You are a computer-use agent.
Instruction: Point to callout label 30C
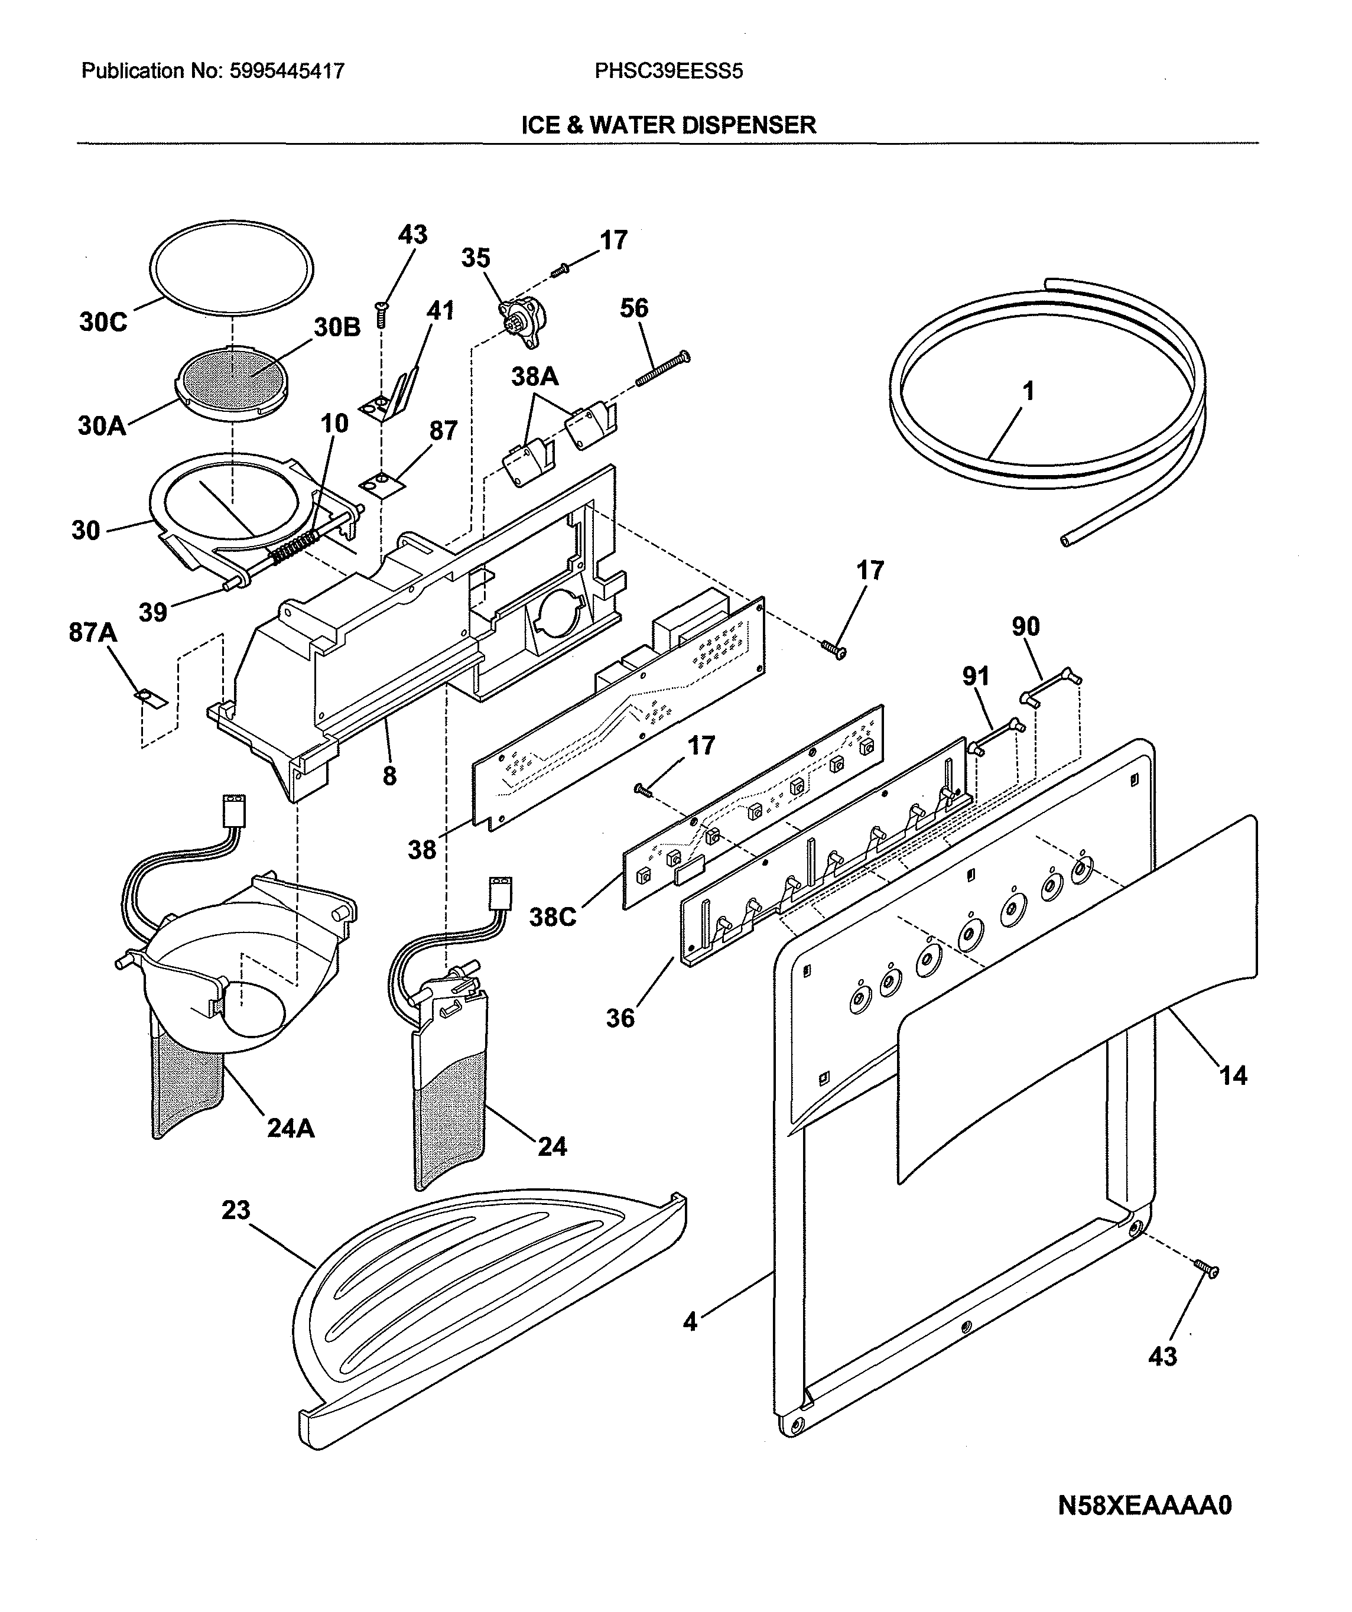coord(103,321)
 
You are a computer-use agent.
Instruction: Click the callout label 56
coord(634,308)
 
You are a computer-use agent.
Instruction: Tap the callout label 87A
coord(93,632)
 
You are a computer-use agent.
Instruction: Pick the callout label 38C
coord(552,916)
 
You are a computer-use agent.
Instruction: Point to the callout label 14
coord(1233,1075)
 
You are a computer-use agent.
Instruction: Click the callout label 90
coord(1025,626)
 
